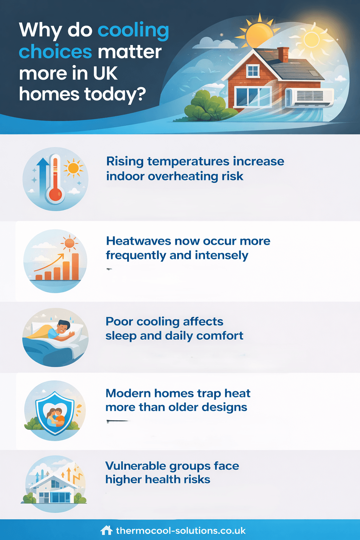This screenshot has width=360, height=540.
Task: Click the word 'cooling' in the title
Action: [x=133, y=32]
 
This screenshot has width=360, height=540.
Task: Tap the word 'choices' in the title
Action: [x=56, y=52]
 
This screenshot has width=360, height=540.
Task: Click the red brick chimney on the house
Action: [x=283, y=54]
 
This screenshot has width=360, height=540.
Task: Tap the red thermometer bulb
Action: [x=56, y=194]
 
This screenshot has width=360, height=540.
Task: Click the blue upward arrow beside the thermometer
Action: [x=43, y=177]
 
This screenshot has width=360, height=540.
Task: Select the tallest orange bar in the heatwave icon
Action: [x=75, y=266]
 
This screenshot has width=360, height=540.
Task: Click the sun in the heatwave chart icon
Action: [x=70, y=243]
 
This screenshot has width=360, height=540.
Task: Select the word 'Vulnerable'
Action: [x=135, y=466]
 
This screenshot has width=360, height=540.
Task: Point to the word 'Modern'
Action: [x=128, y=393]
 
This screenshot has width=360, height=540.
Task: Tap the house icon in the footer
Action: [x=106, y=531]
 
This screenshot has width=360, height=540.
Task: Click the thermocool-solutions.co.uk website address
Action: [x=181, y=531]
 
